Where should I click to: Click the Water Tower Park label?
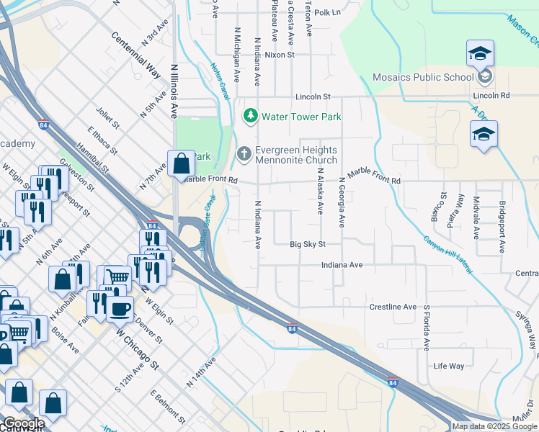click(x=301, y=116)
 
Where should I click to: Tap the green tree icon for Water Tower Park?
click(x=251, y=115)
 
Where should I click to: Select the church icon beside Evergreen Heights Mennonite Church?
click(x=244, y=153)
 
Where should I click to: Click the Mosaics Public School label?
click(x=424, y=77)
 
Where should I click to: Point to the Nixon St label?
click(x=280, y=55)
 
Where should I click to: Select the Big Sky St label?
click(x=308, y=245)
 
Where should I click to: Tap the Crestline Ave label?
click(x=393, y=307)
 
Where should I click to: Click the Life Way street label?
click(x=449, y=366)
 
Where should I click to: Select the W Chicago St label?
click(x=135, y=350)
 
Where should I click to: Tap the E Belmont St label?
click(x=169, y=408)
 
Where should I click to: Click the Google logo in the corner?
click(x=23, y=423)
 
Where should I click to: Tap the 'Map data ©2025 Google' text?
click(x=494, y=426)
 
